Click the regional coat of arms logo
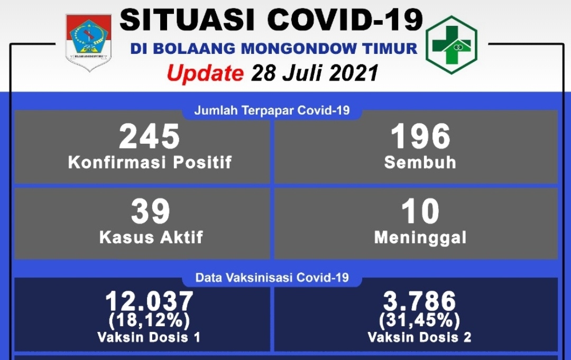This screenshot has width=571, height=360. click(88, 43)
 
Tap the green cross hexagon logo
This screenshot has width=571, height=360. click(452, 45)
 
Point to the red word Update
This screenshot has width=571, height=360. click(205, 73)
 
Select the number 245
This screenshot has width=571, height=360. click(149, 136)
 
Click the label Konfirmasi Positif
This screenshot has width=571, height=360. click(150, 162)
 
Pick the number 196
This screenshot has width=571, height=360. click(421, 136)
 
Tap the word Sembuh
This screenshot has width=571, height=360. click(420, 162)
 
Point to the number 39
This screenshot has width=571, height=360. click(150, 211)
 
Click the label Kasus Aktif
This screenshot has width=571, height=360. click(151, 237)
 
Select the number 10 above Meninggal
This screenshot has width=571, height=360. click(420, 211)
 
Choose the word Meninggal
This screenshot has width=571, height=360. click(420, 238)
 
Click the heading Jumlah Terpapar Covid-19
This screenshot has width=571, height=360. click(272, 110)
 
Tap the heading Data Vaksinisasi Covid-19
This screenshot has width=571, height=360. click(272, 278)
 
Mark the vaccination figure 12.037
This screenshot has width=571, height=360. click(149, 301)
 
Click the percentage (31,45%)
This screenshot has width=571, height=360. click(419, 321)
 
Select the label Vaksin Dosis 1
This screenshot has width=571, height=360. click(149, 337)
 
